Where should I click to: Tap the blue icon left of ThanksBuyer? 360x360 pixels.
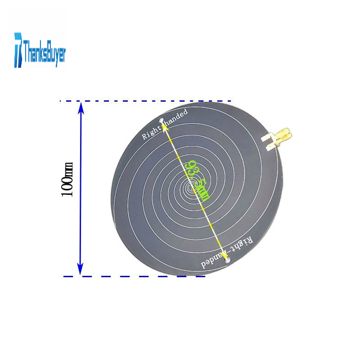[18, 50]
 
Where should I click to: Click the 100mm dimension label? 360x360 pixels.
[67, 179]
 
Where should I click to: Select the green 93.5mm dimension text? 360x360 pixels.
[198, 181]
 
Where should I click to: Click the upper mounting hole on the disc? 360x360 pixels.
[161, 120]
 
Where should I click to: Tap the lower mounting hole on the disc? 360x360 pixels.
[227, 260]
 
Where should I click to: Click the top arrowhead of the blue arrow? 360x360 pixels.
[81, 108]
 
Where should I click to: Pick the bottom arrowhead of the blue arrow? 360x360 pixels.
[80, 269]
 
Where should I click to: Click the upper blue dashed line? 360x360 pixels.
[146, 101]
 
